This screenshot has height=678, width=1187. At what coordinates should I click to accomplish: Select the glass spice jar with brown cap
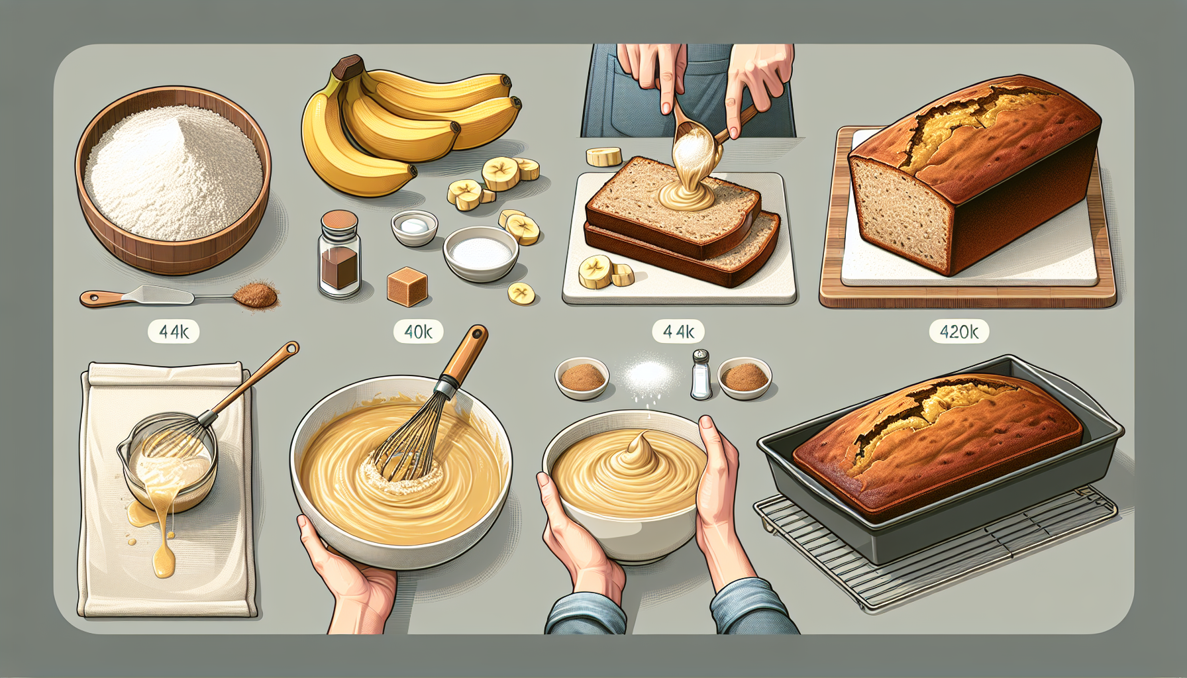click(339, 254)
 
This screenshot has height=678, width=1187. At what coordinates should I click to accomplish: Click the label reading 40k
click(418, 331)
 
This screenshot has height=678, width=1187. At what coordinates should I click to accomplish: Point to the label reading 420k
click(958, 331)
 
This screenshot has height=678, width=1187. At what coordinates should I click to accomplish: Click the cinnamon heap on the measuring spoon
click(257, 295)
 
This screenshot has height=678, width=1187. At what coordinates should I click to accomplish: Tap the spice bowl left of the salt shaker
click(582, 378)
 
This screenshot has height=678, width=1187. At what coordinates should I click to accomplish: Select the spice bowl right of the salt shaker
click(745, 378)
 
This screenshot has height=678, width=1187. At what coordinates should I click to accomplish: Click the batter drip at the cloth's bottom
click(163, 559)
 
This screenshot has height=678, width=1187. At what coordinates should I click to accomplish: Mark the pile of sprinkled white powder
click(645, 375)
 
